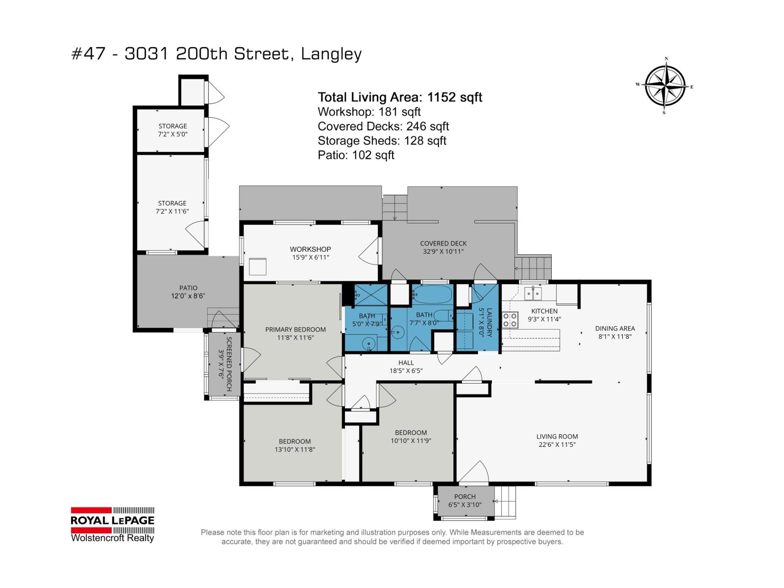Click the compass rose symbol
(x=664, y=86)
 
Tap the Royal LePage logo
(x=113, y=524)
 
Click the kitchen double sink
(x=533, y=294)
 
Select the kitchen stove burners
(x=510, y=319)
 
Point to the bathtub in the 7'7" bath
(x=432, y=294)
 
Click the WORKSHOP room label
(x=310, y=249)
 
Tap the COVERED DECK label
(x=443, y=244)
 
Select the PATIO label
(x=188, y=288)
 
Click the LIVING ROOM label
(x=557, y=436)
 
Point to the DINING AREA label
(x=614, y=328)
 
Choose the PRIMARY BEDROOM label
(x=295, y=329)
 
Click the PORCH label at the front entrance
(x=465, y=496)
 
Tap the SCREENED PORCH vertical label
(x=229, y=364)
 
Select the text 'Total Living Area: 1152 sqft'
(x=400, y=97)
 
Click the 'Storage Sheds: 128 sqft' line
(x=382, y=141)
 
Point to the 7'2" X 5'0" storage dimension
(x=172, y=134)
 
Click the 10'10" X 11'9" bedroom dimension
(x=411, y=441)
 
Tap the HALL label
(x=406, y=363)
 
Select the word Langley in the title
(x=331, y=54)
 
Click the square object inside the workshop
(x=258, y=267)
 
